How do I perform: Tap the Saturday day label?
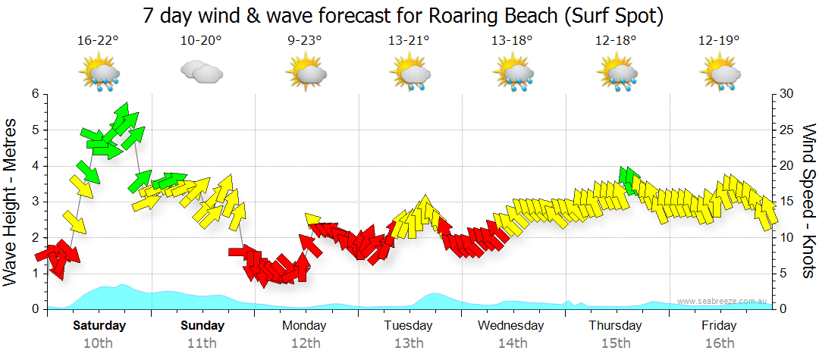coord(99,326)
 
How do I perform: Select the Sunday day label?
coord(202,326)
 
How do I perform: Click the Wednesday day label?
coord(510,326)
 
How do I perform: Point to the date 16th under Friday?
coord(718,343)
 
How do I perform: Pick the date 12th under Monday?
coord(305,343)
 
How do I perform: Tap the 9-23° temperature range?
coord(306,41)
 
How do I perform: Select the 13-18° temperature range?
coord(512,41)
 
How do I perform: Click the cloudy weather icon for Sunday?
coord(202,73)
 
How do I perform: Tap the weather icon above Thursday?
coord(615,74)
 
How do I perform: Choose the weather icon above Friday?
coord(719,74)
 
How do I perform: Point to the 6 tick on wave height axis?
coord(35,94)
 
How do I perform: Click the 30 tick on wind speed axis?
coord(788,94)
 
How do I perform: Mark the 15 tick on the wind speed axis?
coord(788,202)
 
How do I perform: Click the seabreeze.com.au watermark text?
coord(722,302)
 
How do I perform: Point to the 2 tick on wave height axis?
coord(35,237)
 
